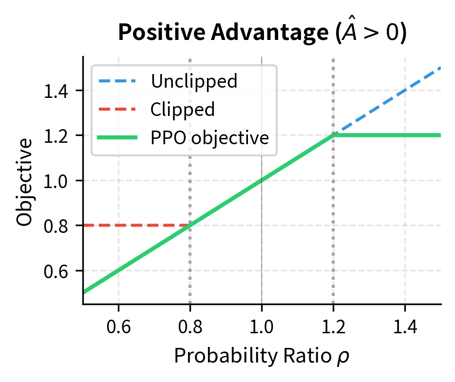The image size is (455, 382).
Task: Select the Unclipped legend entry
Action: coord(194,81)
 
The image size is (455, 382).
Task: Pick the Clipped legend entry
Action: coord(182,109)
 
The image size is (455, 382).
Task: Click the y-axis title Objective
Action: coord(25,181)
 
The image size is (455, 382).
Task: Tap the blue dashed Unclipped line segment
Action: coord(390,97)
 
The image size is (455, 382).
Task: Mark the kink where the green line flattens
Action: coord(333,135)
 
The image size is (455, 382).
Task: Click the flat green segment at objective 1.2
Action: coord(390,135)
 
